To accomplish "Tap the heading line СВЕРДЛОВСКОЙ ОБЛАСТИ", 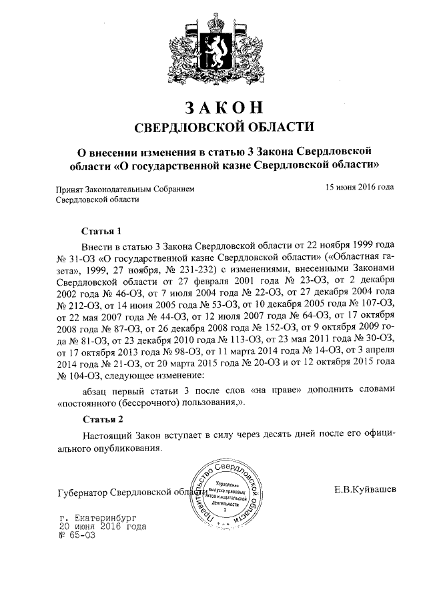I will [x=214, y=127].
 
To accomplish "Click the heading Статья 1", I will [x=102, y=232].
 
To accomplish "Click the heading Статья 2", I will [x=102, y=420].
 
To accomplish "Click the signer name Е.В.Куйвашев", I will [x=365, y=490].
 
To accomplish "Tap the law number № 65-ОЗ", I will [x=77, y=535].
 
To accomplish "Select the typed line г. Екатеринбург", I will [x=102, y=517].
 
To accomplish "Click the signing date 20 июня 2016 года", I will [x=103, y=526].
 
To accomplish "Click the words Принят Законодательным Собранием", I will [x=126, y=189].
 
